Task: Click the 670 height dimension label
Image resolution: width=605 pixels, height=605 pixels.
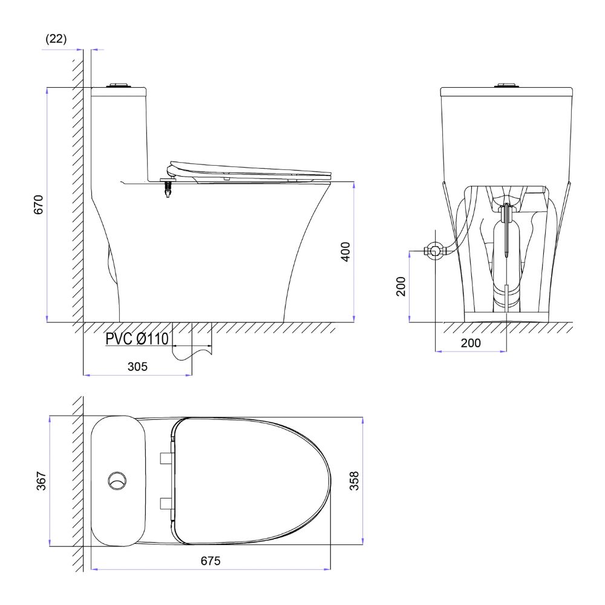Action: coord(39,204)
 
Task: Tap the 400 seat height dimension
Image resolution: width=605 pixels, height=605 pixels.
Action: coord(345,252)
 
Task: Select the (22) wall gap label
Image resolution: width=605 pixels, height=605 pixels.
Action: coord(56,39)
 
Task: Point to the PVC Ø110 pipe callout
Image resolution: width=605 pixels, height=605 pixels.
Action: coord(137,339)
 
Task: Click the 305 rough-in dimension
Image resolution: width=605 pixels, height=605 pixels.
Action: coord(137,366)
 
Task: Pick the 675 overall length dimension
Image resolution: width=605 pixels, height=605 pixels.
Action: coord(211,561)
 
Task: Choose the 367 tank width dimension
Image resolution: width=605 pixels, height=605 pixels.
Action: coord(41,481)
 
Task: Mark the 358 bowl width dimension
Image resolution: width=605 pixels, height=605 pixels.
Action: coord(354,481)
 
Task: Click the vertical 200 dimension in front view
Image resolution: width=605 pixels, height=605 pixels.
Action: coord(401,286)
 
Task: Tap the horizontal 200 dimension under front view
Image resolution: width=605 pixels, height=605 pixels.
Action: coord(471,343)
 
